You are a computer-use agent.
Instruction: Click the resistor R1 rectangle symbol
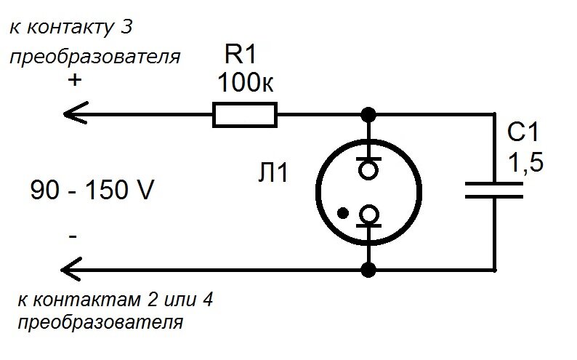[x=244, y=115]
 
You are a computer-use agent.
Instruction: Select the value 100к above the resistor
[x=246, y=84]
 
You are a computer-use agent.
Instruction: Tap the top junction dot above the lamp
[x=369, y=115]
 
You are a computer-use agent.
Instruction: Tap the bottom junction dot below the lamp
[x=369, y=271]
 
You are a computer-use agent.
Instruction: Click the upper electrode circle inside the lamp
[x=369, y=169]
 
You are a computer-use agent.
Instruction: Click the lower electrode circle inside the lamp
[x=369, y=215]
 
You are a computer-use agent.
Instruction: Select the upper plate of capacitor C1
[x=493, y=183]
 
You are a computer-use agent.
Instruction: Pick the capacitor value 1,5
[x=525, y=164]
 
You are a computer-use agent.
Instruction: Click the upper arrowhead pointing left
[x=73, y=115]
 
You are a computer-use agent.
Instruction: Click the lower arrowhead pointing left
[x=73, y=271]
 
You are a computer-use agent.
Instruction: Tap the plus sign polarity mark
[x=74, y=81]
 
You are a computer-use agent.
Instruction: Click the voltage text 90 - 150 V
[x=92, y=191]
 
